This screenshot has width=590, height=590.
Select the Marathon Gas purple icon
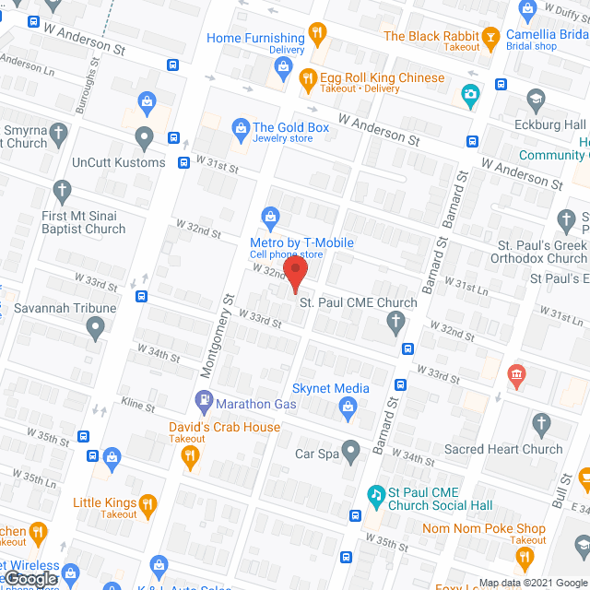pos(204,403)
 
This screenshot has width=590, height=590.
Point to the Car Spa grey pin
pos(350,452)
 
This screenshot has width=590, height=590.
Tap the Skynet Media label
pos(330,389)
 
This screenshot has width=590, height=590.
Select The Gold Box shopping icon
pos(240,127)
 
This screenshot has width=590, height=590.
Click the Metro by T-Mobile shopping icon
pos(270,218)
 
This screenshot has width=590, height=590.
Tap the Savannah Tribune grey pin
pos(96,326)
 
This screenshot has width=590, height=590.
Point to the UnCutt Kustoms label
pos(120,162)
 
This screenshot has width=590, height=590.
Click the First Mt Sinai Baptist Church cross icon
pos(63,192)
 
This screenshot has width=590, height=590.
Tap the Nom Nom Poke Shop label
pos(484,528)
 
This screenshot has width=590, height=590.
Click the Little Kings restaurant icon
pos(147,503)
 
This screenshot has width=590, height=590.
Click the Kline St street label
pos(138,404)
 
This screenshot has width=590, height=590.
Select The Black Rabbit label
pos(431,36)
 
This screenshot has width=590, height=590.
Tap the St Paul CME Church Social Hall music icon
pos(376,493)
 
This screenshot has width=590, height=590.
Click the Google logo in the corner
pos(29,578)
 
